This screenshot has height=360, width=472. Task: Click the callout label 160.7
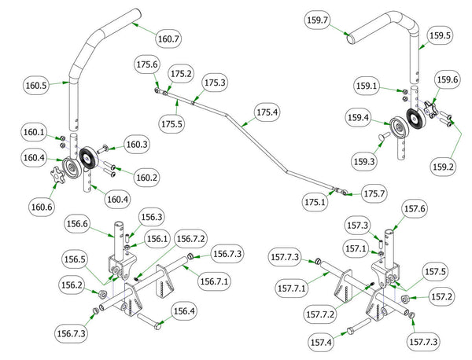coord(169,38)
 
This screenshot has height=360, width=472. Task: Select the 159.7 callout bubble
coord(320,20)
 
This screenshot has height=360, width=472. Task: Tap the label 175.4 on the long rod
coord(267,112)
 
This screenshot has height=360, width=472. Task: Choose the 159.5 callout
coord(439,35)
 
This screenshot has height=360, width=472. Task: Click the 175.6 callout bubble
coord(147,64)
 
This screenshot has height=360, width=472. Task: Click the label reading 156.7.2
coord(190,239)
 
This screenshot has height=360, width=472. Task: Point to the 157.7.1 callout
coord(291,289)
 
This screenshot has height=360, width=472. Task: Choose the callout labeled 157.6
coord(415,208)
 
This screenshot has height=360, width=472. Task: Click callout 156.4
coord(183,311)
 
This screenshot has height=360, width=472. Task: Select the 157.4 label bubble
coord(322,343)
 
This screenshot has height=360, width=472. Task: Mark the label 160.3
coord(136,145)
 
